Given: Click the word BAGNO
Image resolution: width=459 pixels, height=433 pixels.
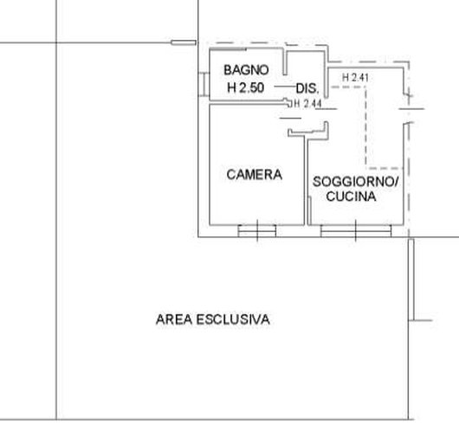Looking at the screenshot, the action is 246,70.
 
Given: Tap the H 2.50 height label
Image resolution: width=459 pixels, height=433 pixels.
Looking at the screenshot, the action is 246,87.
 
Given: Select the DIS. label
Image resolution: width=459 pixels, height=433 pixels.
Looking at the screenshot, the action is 307,88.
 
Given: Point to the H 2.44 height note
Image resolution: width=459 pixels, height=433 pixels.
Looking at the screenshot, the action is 307,104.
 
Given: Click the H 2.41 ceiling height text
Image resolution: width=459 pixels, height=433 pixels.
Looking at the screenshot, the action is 355,78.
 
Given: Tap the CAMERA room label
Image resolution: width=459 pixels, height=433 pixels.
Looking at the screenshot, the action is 254,175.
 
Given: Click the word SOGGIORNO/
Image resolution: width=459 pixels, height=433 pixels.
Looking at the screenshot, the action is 355,182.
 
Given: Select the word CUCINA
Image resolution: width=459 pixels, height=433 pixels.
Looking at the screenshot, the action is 351,197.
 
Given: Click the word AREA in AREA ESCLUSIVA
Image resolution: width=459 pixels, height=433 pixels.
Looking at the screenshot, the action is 174,320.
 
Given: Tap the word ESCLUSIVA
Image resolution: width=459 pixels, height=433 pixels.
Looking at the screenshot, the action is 233,320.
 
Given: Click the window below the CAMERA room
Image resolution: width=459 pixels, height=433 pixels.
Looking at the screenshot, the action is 257,230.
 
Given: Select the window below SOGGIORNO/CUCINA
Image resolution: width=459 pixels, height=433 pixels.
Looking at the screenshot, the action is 356,230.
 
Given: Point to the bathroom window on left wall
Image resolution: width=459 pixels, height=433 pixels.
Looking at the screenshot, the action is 204,84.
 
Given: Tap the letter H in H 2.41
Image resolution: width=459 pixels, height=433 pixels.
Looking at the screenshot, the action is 346,78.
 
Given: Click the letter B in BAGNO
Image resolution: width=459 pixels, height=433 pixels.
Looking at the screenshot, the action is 228,70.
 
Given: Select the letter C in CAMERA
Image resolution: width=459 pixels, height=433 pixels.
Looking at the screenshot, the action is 231,175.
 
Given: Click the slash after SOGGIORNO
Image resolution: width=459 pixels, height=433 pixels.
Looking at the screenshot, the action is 396,182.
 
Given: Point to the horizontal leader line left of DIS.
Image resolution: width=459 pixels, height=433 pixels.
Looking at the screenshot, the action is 285,87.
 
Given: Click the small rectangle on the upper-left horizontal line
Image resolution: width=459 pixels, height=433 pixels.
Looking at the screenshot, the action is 184,42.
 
